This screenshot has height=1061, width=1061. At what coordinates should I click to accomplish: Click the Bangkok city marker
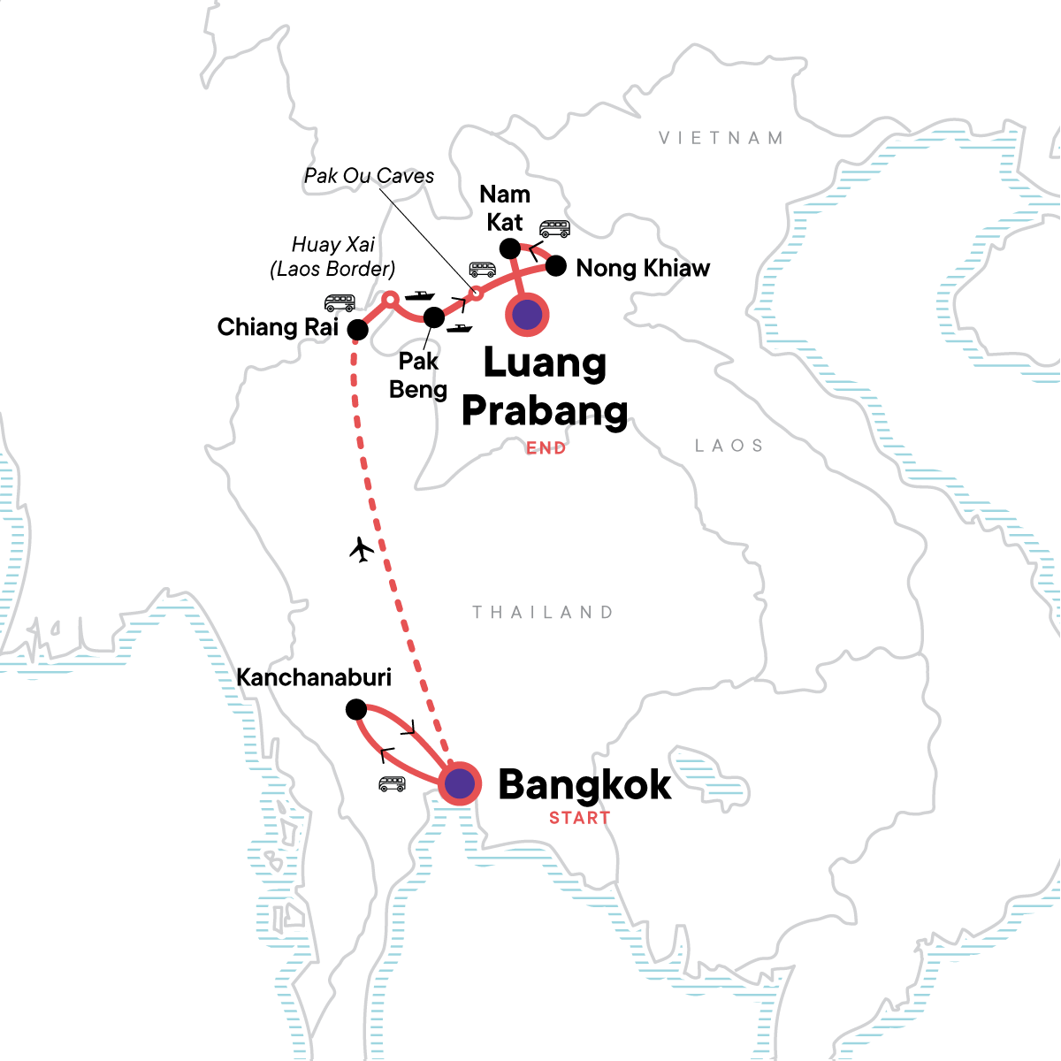tap(459, 783)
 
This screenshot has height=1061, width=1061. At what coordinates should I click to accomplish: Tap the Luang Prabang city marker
tap(527, 314)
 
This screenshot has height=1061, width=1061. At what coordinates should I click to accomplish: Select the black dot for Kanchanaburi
tap(355, 709)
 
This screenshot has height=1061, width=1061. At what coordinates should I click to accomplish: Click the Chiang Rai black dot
tap(357, 330)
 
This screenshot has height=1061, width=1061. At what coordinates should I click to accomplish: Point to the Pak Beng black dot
tap(433, 317)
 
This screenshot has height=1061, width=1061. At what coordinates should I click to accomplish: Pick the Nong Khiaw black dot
tap(555, 265)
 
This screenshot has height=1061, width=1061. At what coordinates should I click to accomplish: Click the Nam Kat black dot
tap(510, 248)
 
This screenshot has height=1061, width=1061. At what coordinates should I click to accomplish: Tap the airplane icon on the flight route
tap(362, 549)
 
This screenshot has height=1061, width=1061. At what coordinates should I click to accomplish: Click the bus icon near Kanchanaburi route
tap(392, 783)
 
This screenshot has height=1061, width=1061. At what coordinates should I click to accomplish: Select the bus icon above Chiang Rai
tap(340, 303)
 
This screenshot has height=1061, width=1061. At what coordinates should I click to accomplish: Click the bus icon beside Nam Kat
tap(554, 229)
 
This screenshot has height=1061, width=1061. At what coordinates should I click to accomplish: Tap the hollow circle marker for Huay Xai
tap(388, 299)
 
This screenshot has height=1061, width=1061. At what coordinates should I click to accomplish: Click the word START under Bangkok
tap(579, 818)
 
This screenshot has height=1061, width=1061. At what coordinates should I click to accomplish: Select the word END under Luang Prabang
tap(546, 448)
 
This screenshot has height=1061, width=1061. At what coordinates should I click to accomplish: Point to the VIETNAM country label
tap(721, 138)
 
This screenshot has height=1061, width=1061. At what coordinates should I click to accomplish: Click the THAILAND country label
tap(542, 612)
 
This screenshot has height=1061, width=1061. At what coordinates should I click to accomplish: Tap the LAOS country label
tap(729, 446)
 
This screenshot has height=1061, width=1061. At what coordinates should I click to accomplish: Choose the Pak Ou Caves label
tap(369, 176)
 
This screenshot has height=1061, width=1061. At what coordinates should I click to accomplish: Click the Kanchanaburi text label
tap(314, 677)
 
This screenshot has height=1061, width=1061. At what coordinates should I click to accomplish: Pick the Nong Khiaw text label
tap(643, 268)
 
